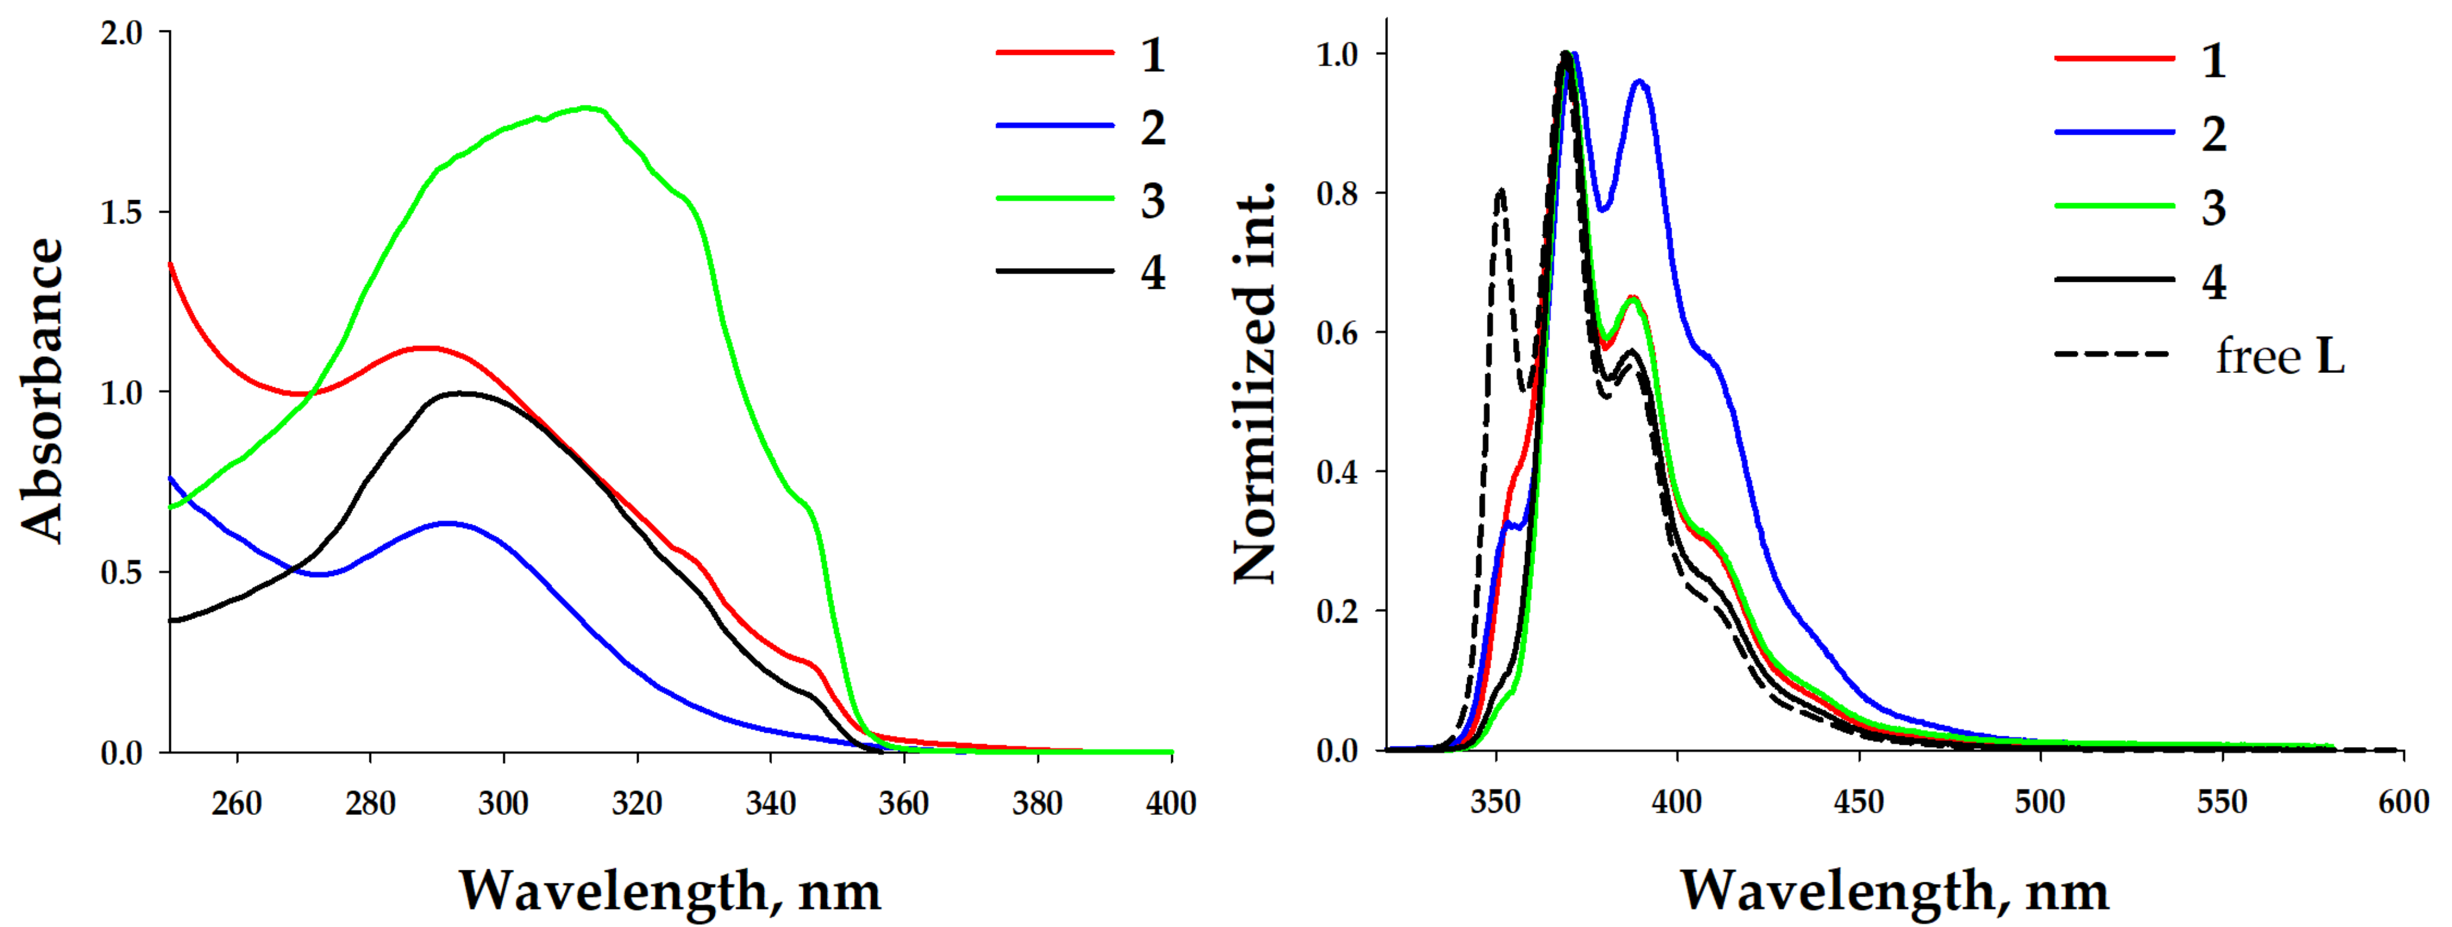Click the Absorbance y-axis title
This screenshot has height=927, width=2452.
click(43, 390)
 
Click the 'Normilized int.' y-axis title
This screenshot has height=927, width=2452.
click(1255, 381)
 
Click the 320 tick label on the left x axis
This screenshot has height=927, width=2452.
click(637, 804)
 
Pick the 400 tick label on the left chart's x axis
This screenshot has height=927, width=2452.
click(1171, 804)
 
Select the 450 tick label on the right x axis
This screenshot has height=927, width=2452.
click(1858, 802)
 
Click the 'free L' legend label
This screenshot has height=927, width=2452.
click(2280, 357)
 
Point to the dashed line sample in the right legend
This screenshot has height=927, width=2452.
click(2113, 354)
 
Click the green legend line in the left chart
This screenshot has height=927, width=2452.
click(1054, 199)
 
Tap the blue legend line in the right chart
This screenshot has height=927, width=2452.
click(2114, 132)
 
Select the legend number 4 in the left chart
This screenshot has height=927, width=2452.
click(1153, 273)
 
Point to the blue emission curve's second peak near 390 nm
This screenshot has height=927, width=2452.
click(1639, 82)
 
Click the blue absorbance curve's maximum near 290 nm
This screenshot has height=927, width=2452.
click(447, 522)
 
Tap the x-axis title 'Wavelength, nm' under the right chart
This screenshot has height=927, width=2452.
click(1894, 892)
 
